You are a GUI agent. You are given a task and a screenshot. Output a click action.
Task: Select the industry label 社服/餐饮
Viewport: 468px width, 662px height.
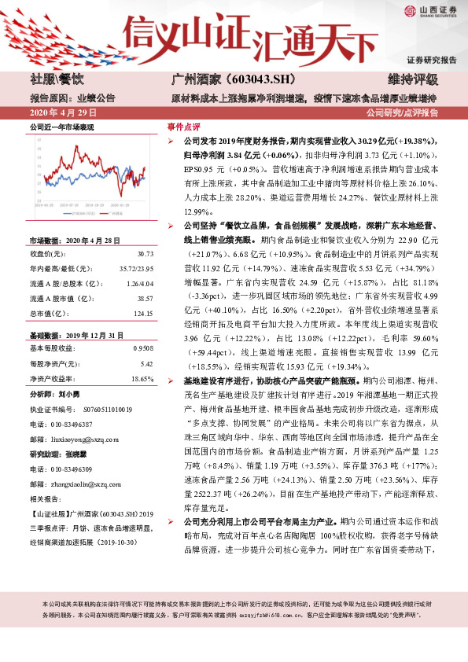click(x=57, y=79)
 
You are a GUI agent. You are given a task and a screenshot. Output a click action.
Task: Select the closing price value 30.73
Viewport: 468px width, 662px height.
click(x=145, y=254)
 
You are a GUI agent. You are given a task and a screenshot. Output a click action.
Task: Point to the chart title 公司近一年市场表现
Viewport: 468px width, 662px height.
click(x=61, y=127)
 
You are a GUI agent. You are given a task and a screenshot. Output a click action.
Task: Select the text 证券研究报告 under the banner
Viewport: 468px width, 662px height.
click(x=431, y=61)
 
